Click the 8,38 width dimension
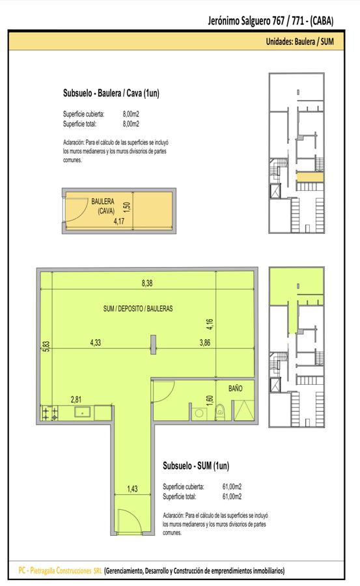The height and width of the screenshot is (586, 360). coord(147,283)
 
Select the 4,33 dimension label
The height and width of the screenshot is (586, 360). coord(95,342)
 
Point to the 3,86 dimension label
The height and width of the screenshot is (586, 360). coord(205,342)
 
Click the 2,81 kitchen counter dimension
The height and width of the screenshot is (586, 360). coord(76,400)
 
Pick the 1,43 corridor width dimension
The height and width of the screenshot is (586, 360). coord(132,489)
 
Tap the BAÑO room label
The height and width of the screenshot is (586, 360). coord(236,388)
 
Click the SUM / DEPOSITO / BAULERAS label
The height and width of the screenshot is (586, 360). coord(138,309)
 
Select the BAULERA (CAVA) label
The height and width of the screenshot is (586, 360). coord(103,206)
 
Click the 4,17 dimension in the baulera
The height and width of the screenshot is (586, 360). coord(119,221)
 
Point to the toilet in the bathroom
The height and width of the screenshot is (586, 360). coord(220,412)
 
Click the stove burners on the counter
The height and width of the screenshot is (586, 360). coord(49,413)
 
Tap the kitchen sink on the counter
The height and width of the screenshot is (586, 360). coord(82,412)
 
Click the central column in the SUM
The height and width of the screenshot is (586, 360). coord(153,344)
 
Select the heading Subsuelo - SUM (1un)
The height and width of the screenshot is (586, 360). coord(196,466)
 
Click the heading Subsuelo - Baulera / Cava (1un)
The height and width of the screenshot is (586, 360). coord(111,93)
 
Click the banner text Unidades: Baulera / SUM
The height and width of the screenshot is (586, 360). coord(300,42)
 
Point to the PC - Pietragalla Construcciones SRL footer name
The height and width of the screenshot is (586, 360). coord(60,570)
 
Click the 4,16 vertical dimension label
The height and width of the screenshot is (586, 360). coord(210,324)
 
